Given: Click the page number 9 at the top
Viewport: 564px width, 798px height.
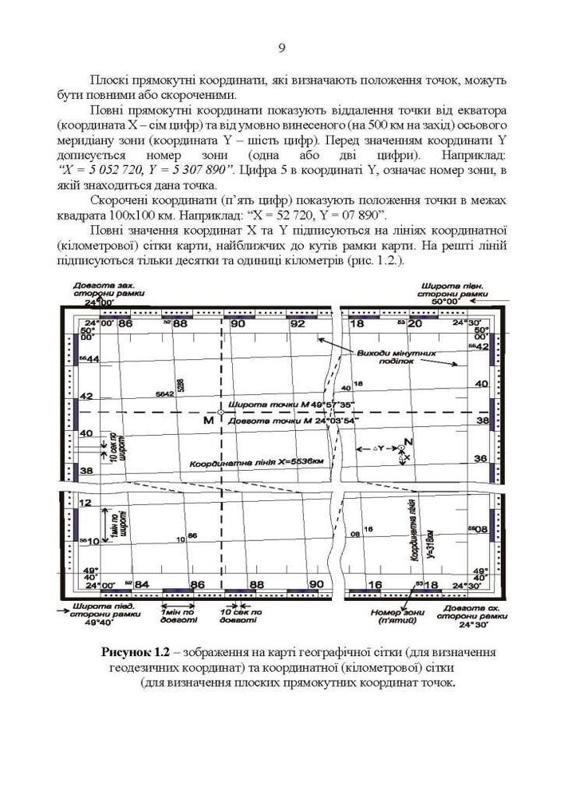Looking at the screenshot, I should click(x=282, y=49).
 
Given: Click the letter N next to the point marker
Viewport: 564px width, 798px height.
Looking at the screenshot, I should click(x=408, y=441).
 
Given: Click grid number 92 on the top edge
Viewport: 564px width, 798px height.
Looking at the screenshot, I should click(x=297, y=324).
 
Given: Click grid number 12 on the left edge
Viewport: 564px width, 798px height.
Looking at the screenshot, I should click(x=87, y=504).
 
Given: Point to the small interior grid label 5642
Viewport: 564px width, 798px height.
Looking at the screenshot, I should click(x=165, y=394).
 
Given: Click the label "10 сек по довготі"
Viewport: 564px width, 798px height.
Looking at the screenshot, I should click(x=239, y=617).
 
